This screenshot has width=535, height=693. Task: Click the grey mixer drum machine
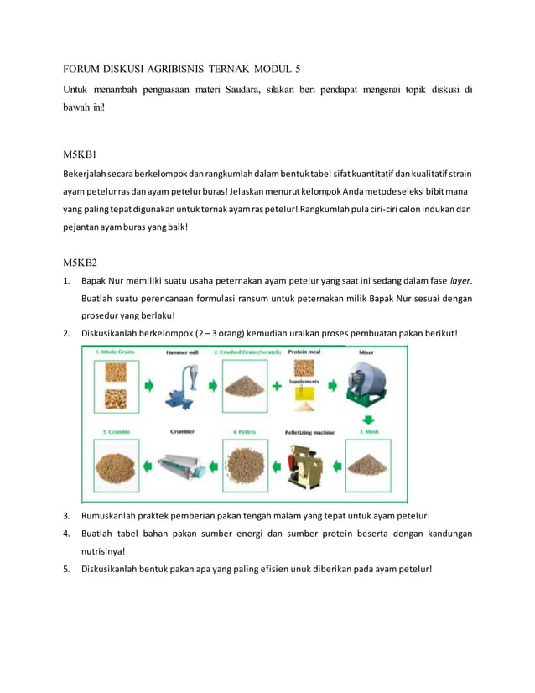(366, 384)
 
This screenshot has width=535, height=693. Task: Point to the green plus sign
(278, 387)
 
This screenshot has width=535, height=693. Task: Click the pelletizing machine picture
(302, 464)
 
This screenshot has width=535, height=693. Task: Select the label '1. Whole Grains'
(116, 353)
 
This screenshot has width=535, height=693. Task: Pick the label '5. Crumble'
(116, 432)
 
